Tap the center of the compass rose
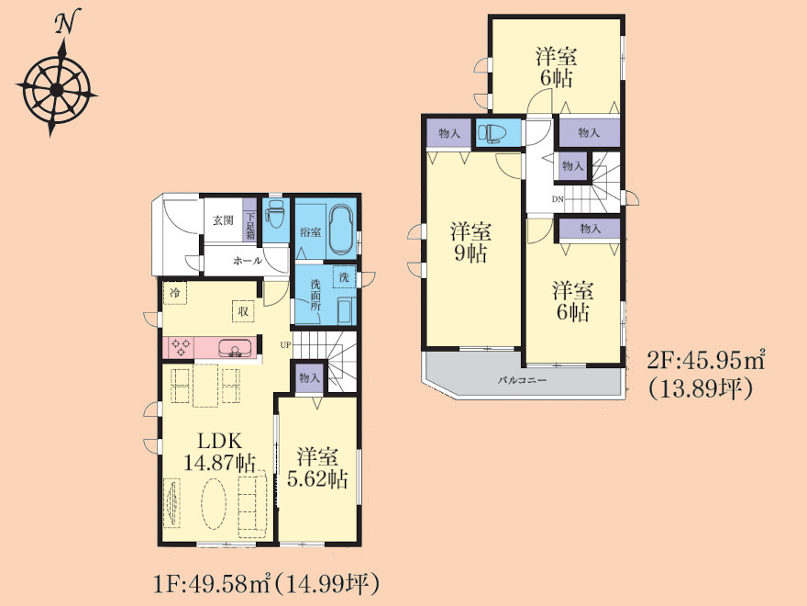pos(57,91)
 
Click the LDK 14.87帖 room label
pos(220,452)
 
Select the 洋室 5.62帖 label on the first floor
pos(317,468)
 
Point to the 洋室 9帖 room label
pos(470,242)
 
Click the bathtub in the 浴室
pos(341,230)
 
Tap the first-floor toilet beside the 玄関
pos(274,216)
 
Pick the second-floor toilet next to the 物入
pos(492,133)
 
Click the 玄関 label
pos(224,220)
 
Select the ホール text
pos(248,261)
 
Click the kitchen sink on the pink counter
pos(236,348)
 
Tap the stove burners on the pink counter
pos(180,346)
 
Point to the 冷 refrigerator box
pos(175,293)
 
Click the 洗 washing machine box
pos(344,277)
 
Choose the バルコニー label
pos(522,381)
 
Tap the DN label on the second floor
pos(558,199)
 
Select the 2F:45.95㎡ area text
pos(705,360)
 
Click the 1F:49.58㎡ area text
pos(213,584)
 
